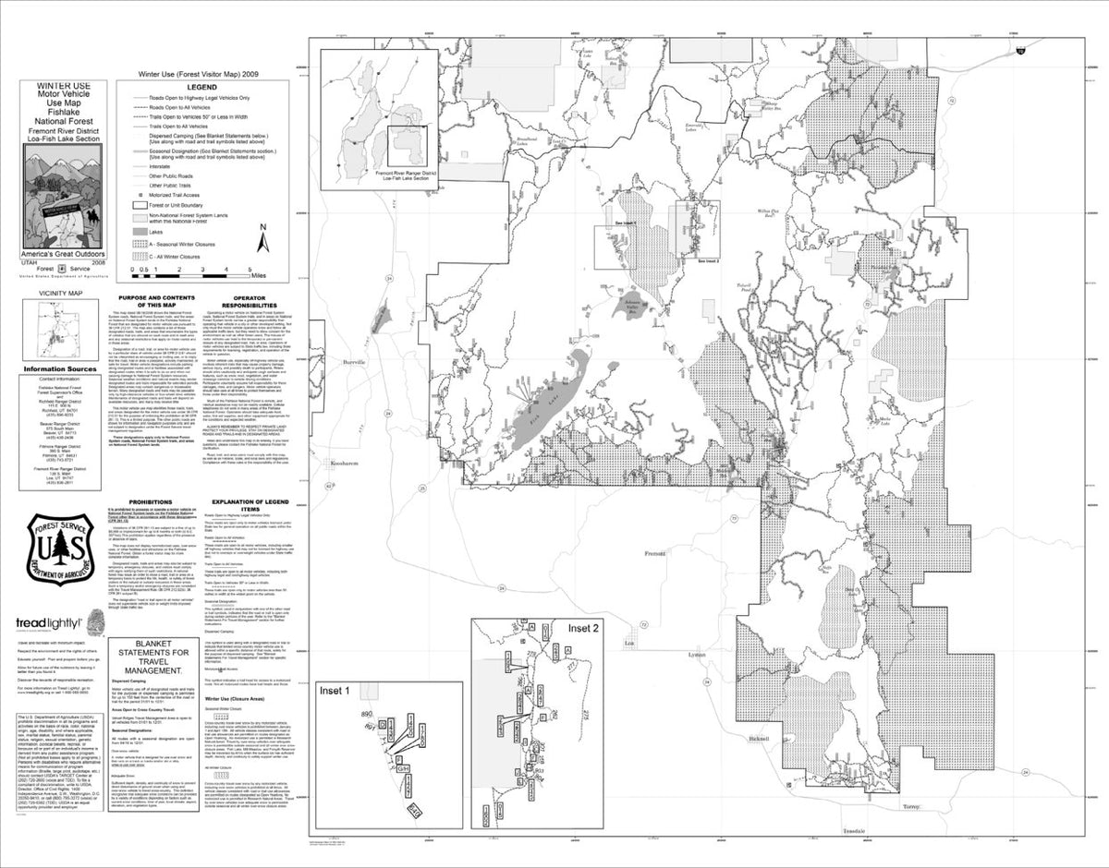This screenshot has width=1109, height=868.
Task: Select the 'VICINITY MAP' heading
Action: tap(61, 293)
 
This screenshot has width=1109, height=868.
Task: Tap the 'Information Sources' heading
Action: tap(60, 369)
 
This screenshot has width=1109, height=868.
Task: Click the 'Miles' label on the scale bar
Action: tap(259, 274)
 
